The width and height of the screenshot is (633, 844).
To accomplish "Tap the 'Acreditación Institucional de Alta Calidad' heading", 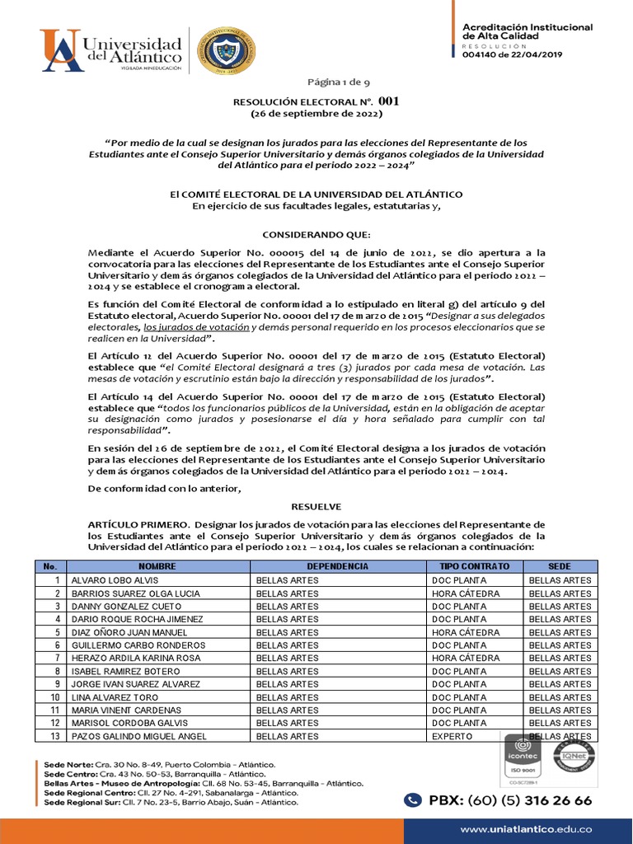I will tap(527, 32).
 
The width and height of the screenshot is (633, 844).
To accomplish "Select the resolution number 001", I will tap(389, 101).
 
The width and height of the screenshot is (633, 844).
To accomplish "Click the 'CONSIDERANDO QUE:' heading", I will tap(316, 234).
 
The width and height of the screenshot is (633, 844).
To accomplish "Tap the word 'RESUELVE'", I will tap(316, 506).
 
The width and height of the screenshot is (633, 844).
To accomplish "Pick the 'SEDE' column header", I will tap(560, 567).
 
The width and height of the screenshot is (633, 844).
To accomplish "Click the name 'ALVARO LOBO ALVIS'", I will tap(115, 580).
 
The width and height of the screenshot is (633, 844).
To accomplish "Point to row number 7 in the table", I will tap(57, 659).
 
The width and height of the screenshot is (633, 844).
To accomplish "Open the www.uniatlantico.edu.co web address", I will tap(526, 828).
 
